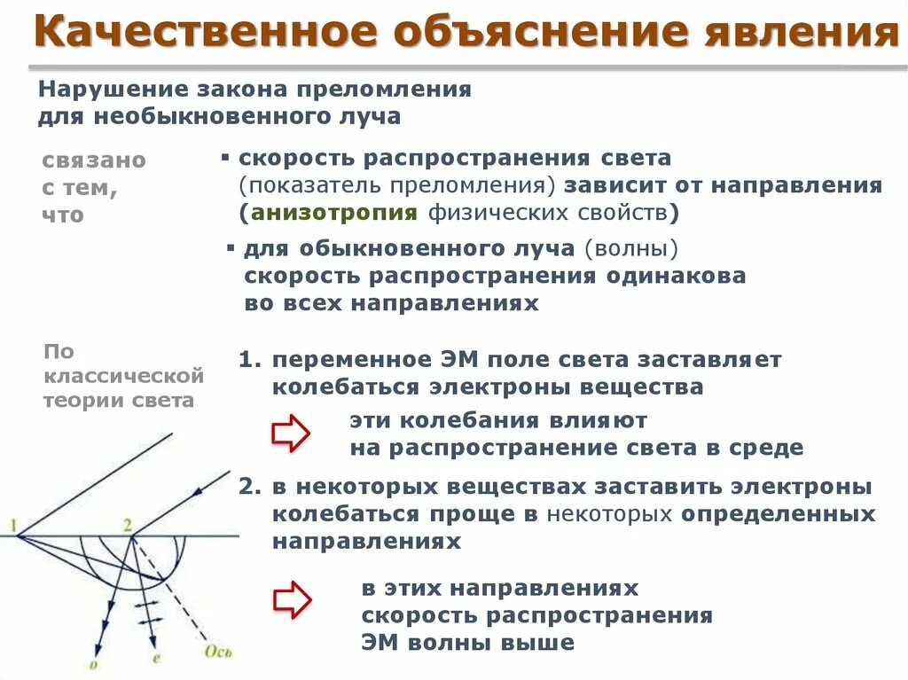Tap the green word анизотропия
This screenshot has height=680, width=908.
pyautogui.click(x=334, y=212)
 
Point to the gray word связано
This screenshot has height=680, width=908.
pyautogui.click(x=94, y=160)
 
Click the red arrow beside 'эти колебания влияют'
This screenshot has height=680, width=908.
pyautogui.click(x=290, y=434)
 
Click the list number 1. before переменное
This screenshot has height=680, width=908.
pyautogui.click(x=251, y=361)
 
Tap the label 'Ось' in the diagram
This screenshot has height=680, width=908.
pyautogui.click(x=218, y=653)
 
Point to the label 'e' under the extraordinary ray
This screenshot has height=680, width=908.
pyautogui.click(x=156, y=658)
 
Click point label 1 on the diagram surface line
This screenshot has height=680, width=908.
pyautogui.click(x=14, y=528)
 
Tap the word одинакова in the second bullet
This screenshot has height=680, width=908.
pyautogui.click(x=676, y=275)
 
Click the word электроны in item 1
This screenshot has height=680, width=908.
pyautogui.click(x=501, y=387)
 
